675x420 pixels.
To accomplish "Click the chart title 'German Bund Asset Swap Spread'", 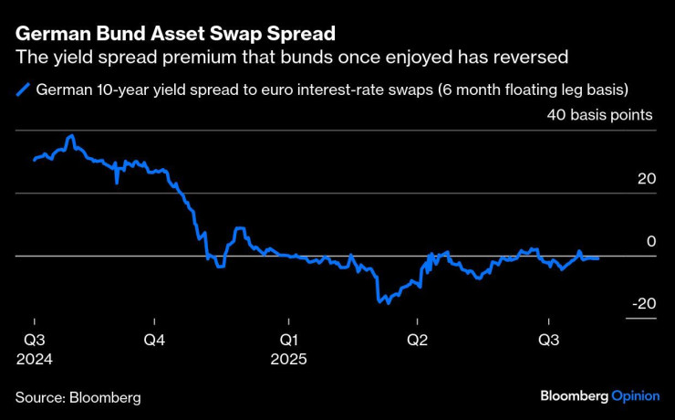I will click(175, 34).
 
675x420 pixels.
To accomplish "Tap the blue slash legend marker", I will click(22, 89).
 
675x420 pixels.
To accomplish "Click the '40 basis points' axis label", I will click(599, 116).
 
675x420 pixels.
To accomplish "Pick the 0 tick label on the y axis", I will click(651, 241).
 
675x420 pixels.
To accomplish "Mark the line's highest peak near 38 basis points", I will click(71, 136).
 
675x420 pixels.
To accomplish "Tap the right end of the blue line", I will click(599, 258).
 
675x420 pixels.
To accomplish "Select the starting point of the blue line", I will click(34, 160).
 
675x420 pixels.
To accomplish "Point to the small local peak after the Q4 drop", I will click(239, 229).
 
